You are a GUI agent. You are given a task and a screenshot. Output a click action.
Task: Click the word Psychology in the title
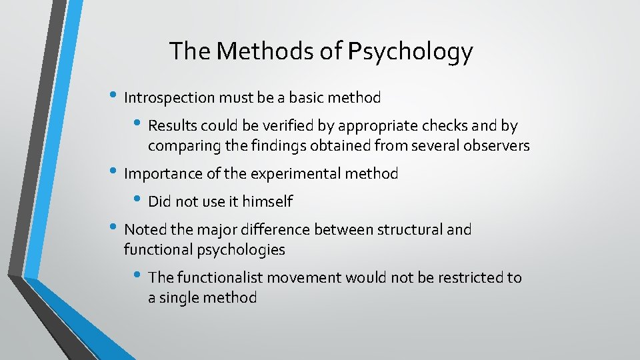409,52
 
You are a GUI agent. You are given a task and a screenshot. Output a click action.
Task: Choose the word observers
493,145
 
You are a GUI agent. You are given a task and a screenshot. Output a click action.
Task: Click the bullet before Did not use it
139,199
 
